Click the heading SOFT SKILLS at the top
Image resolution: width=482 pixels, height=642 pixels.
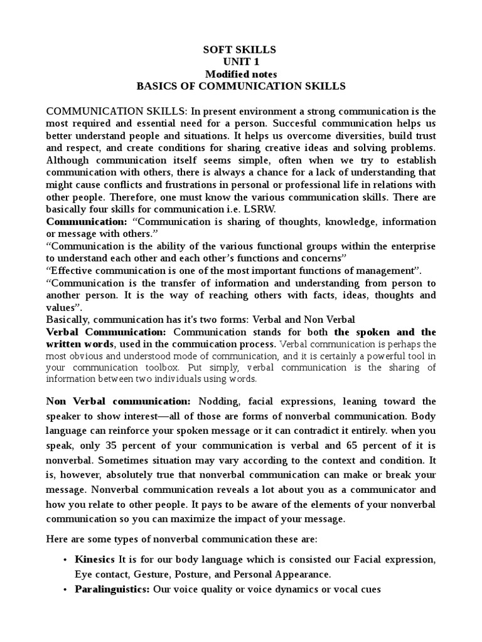click(x=241, y=50)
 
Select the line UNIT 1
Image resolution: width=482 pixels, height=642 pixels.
click(x=241, y=61)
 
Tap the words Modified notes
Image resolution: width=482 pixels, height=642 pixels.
click(x=241, y=74)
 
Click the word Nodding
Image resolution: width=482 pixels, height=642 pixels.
click(x=217, y=401)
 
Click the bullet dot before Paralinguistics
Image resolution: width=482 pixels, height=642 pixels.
click(x=65, y=590)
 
